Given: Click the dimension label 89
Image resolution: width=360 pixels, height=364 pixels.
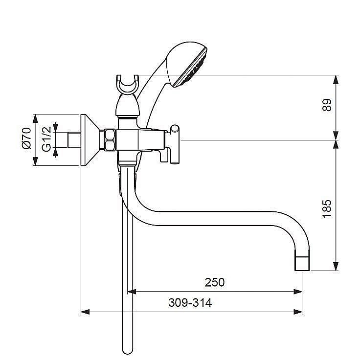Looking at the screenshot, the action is coord(327,105).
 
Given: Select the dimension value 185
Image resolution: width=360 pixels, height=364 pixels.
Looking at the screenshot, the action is coord(327,209).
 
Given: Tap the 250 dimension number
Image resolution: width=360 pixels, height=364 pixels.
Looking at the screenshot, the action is coord(215,282).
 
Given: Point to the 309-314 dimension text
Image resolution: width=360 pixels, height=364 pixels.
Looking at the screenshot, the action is coord(190,303).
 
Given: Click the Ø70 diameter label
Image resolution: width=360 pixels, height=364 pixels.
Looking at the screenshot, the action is coord(26,138).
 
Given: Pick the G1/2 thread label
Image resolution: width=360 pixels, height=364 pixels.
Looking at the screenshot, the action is coord(46,139).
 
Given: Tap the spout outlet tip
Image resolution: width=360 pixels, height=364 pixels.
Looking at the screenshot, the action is coord(302,264).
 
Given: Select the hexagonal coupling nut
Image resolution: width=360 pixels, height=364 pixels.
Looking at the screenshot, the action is coord(110,140).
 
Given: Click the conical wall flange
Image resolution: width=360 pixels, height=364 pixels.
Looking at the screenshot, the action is coord(90,140).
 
